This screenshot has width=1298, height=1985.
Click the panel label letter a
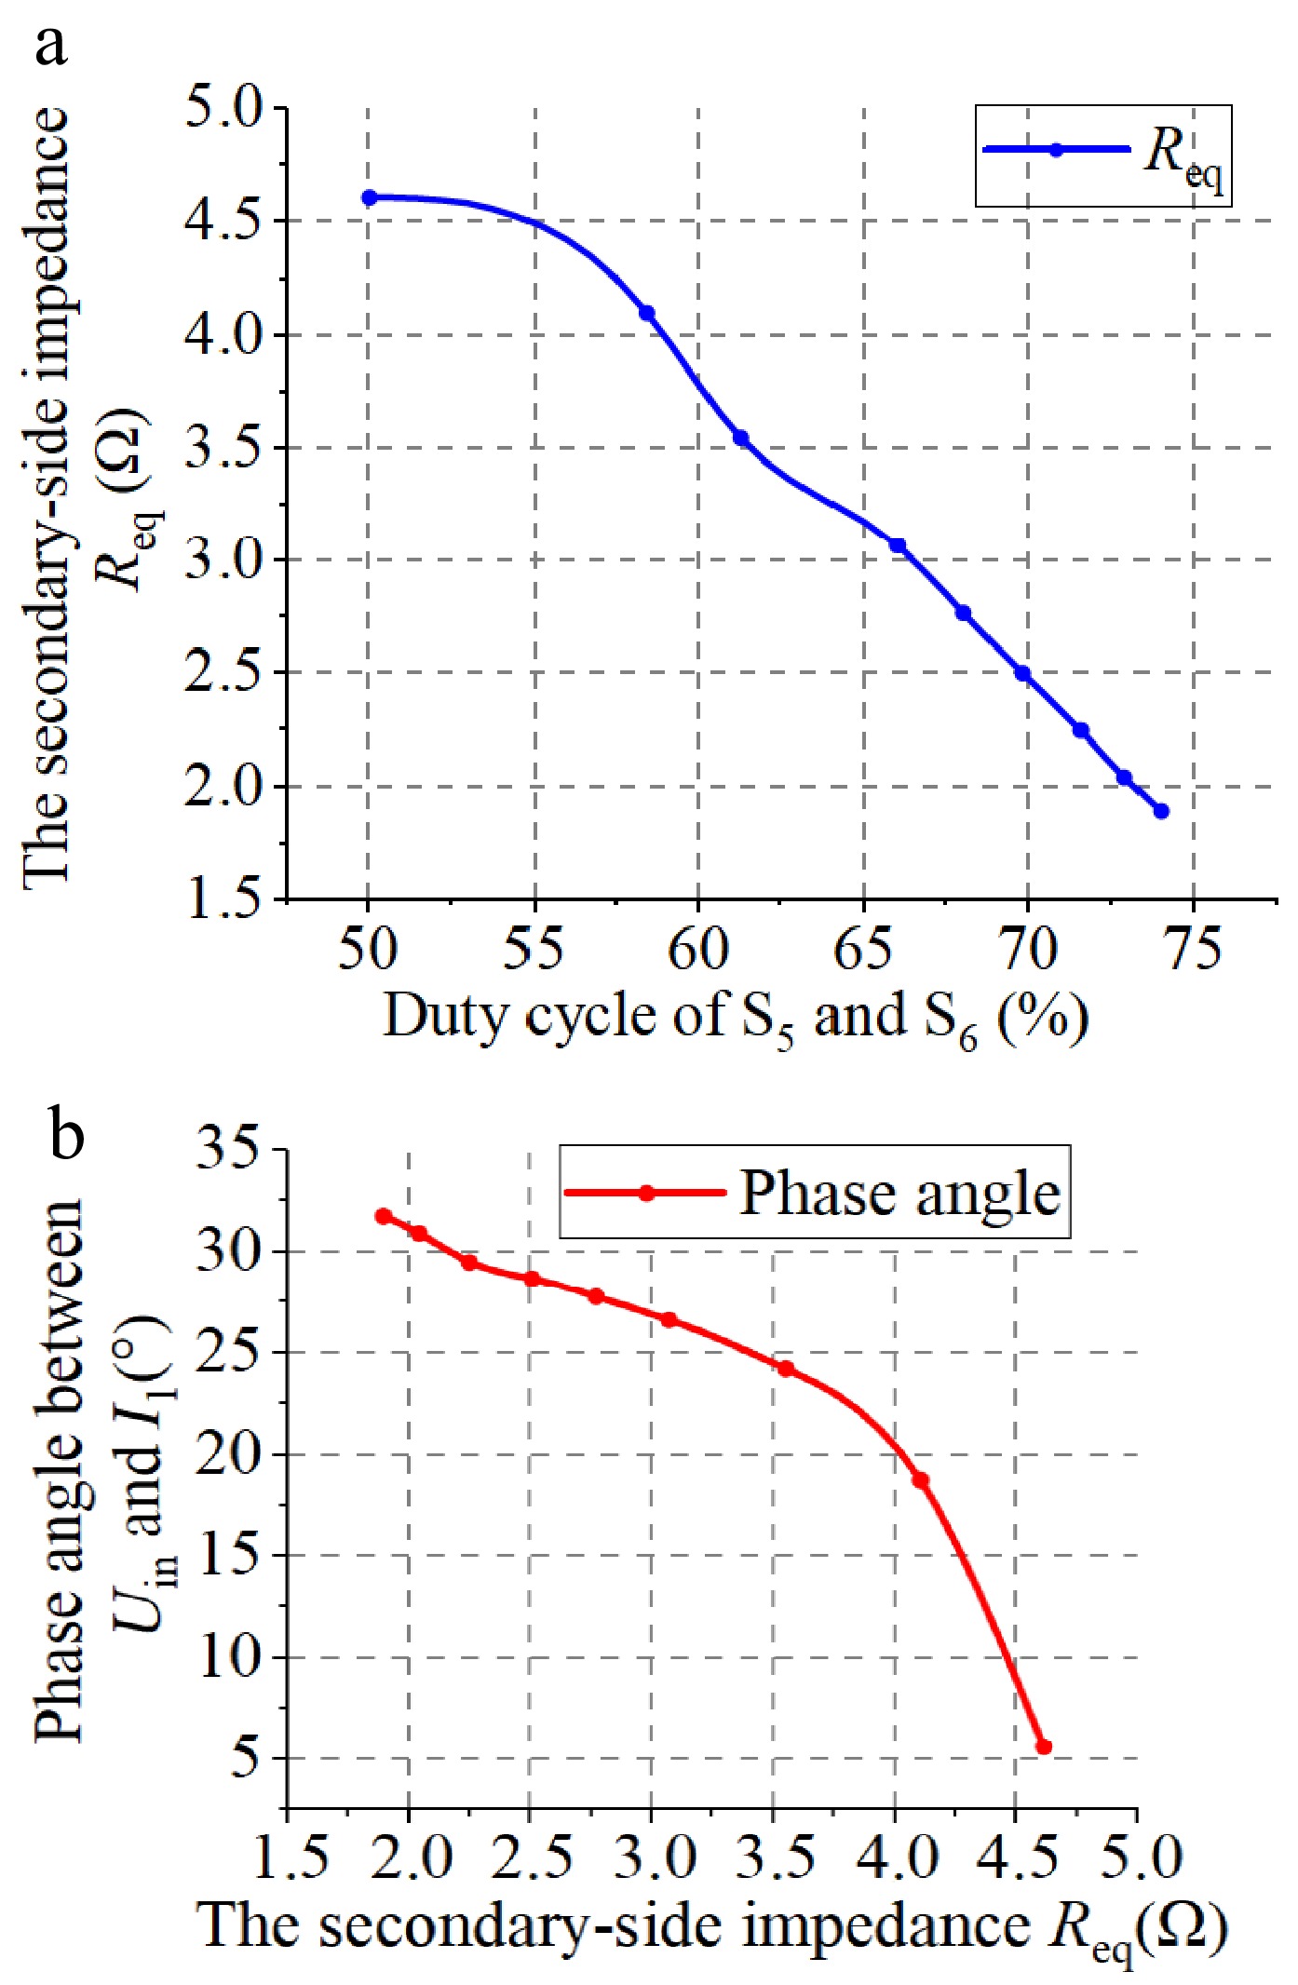[x=51, y=44]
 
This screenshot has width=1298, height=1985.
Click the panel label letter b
[x=66, y=1135]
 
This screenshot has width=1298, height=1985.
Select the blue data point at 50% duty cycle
[x=369, y=197]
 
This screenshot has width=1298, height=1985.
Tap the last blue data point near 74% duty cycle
[x=1161, y=811]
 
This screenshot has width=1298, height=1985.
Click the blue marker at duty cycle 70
[x=1022, y=673]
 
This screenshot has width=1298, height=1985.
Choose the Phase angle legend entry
[x=814, y=1193]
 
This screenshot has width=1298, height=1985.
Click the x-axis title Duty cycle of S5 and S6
[x=735, y=1017]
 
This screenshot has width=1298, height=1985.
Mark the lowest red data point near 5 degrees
[x=1044, y=1747]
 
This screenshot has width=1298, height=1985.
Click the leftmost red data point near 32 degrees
[x=384, y=1216]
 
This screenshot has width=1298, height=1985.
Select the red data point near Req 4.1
[x=920, y=1480]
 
